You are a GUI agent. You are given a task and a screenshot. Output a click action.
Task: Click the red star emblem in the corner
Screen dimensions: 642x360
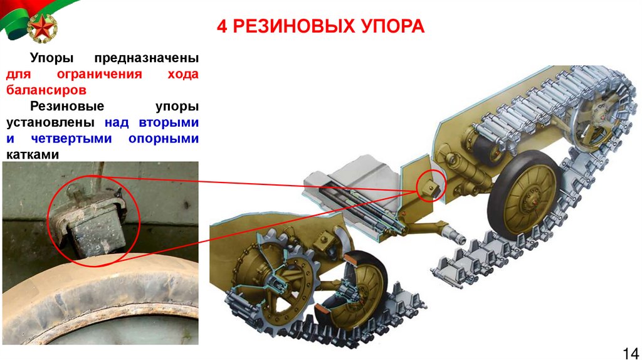click(41, 28)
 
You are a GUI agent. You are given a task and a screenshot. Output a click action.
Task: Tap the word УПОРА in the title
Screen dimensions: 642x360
click(391, 26)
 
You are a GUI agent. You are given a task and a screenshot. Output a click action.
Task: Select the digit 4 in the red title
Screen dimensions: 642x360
click(221, 26)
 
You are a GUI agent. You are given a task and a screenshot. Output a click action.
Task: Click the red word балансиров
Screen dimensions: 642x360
click(46, 90)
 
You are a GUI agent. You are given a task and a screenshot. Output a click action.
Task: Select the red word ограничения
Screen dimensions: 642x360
click(100, 74)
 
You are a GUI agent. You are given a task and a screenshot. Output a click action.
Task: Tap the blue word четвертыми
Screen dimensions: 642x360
click(71, 139)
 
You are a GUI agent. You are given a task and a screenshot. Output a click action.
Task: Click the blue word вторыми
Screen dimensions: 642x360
click(169, 122)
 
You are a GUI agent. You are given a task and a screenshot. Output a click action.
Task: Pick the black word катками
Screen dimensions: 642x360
click(33, 155)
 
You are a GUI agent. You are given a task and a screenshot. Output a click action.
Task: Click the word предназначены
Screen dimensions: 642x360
click(147, 58)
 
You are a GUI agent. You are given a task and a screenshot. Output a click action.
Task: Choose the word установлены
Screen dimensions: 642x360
click(50, 123)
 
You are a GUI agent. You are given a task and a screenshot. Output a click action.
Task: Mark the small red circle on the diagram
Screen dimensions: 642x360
click(431, 186)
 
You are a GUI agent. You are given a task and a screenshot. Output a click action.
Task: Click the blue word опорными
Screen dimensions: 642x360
click(164, 139)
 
